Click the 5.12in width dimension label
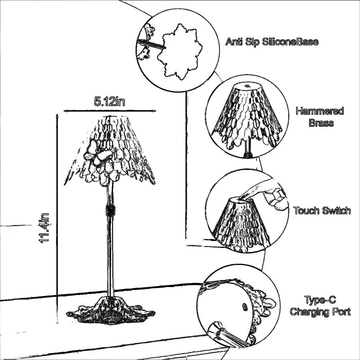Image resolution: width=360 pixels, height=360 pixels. [109, 101]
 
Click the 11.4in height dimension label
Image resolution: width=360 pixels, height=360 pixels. [44, 228]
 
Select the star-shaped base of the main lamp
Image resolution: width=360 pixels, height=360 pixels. [111, 310]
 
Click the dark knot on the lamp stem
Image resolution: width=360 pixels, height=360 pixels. [110, 210]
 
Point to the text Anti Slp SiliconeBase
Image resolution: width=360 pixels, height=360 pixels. [272, 42]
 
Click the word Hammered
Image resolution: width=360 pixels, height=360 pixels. [319, 111]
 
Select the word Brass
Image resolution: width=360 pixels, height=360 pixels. [321, 123]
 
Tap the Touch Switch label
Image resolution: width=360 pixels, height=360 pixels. [322, 211]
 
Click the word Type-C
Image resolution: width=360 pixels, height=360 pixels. [320, 300]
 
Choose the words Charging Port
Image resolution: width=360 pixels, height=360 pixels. [320, 312]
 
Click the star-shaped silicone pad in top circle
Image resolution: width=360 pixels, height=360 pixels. [180, 51]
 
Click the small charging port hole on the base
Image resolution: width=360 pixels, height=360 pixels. [245, 306]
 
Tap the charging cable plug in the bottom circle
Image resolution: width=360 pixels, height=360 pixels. [227, 334]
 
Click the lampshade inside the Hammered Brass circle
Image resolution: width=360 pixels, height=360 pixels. [247, 117]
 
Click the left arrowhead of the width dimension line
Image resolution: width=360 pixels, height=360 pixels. [66, 111]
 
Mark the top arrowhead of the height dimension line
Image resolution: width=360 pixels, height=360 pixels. [57, 116]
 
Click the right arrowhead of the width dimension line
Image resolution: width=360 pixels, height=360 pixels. [154, 111]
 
